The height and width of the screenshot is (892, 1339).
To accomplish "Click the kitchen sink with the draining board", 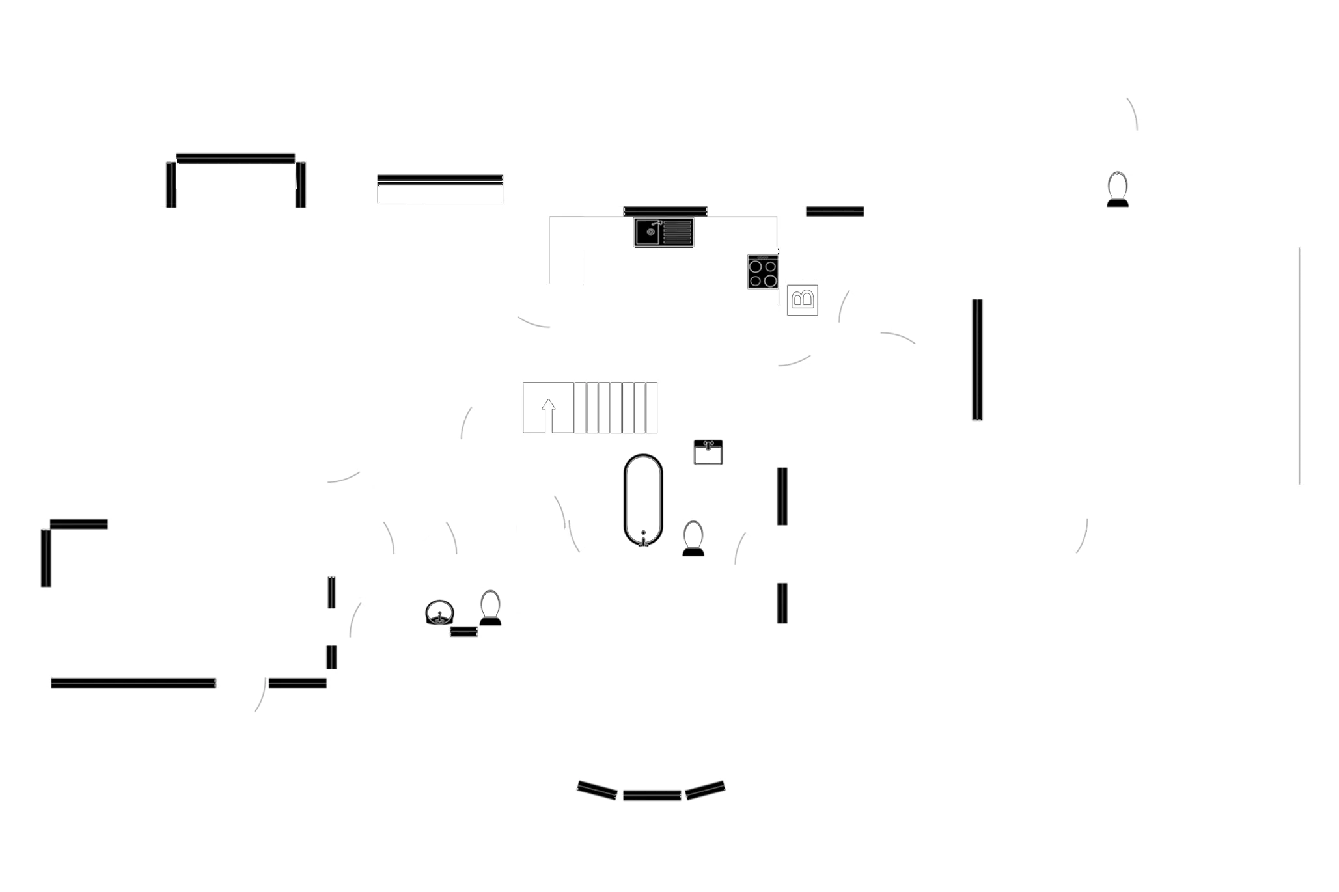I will click(x=664, y=232).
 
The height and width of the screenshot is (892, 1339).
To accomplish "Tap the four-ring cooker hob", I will click(x=762, y=273).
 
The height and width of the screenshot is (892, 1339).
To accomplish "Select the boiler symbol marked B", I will click(x=803, y=299).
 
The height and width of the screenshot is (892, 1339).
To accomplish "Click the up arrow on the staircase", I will click(x=549, y=410).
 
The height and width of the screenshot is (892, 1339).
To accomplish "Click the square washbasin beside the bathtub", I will click(x=708, y=452).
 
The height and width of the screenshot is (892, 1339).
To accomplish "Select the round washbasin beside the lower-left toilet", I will click(x=439, y=612).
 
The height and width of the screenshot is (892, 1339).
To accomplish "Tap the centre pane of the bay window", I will click(x=651, y=794).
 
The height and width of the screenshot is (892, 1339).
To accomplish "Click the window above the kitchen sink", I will click(x=665, y=209).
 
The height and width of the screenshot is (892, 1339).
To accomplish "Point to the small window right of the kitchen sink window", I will click(x=835, y=211).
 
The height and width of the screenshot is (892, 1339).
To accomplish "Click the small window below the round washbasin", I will click(x=463, y=632).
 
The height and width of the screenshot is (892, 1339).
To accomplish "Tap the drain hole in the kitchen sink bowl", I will click(x=650, y=232).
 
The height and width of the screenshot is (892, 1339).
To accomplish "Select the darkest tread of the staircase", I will click(x=600, y=408).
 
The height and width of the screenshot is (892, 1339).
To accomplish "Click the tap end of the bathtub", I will click(x=643, y=535).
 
